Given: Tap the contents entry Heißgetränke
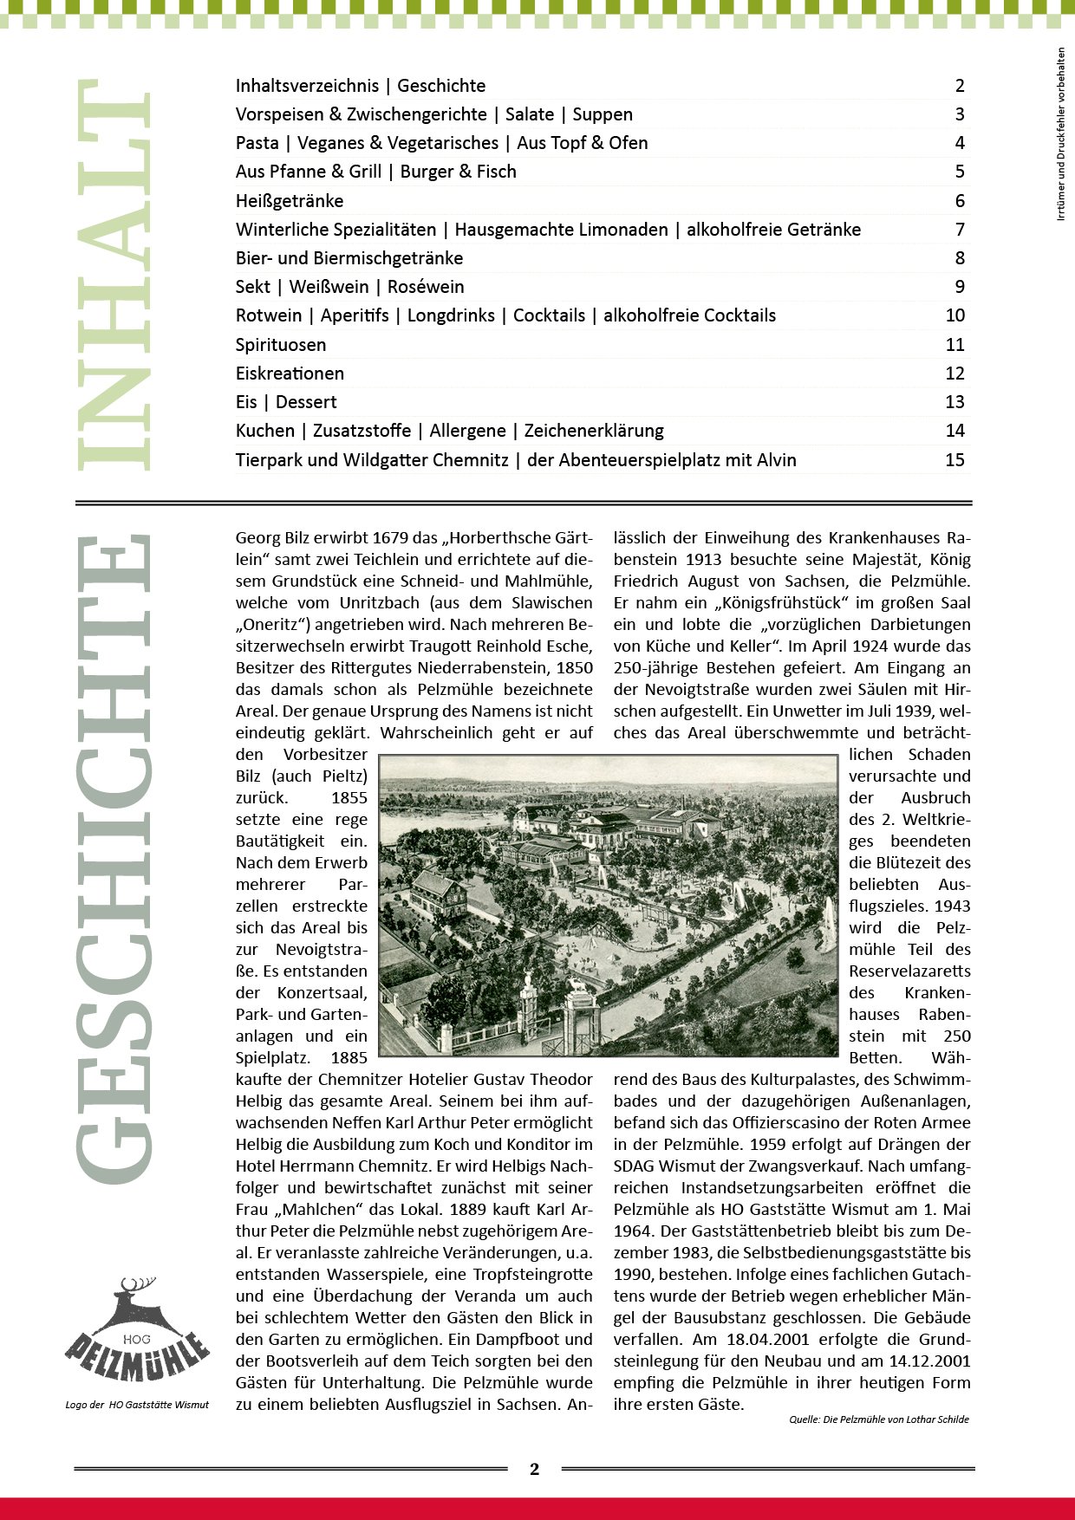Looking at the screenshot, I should pyautogui.click(x=290, y=201).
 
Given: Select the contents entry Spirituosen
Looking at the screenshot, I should pyautogui.click(x=281, y=345).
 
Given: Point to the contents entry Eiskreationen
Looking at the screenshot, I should pyautogui.click(x=290, y=374).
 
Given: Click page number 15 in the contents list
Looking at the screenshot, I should pyautogui.click(x=954, y=460).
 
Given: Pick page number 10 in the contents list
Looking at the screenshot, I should pyautogui.click(x=954, y=315).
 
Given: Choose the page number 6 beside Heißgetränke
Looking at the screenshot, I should pyautogui.click(x=960, y=201).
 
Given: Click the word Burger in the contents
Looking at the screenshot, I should pyautogui.click(x=427, y=172).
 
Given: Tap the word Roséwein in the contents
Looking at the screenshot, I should pyautogui.click(x=426, y=287).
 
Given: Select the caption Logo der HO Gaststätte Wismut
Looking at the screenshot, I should pyautogui.click(x=137, y=1405).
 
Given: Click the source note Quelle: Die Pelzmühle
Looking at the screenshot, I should pyautogui.click(x=878, y=1419).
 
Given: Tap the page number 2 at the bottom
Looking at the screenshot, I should pyautogui.click(x=534, y=1469).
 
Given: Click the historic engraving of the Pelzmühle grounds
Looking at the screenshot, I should pyautogui.click(x=609, y=906).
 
